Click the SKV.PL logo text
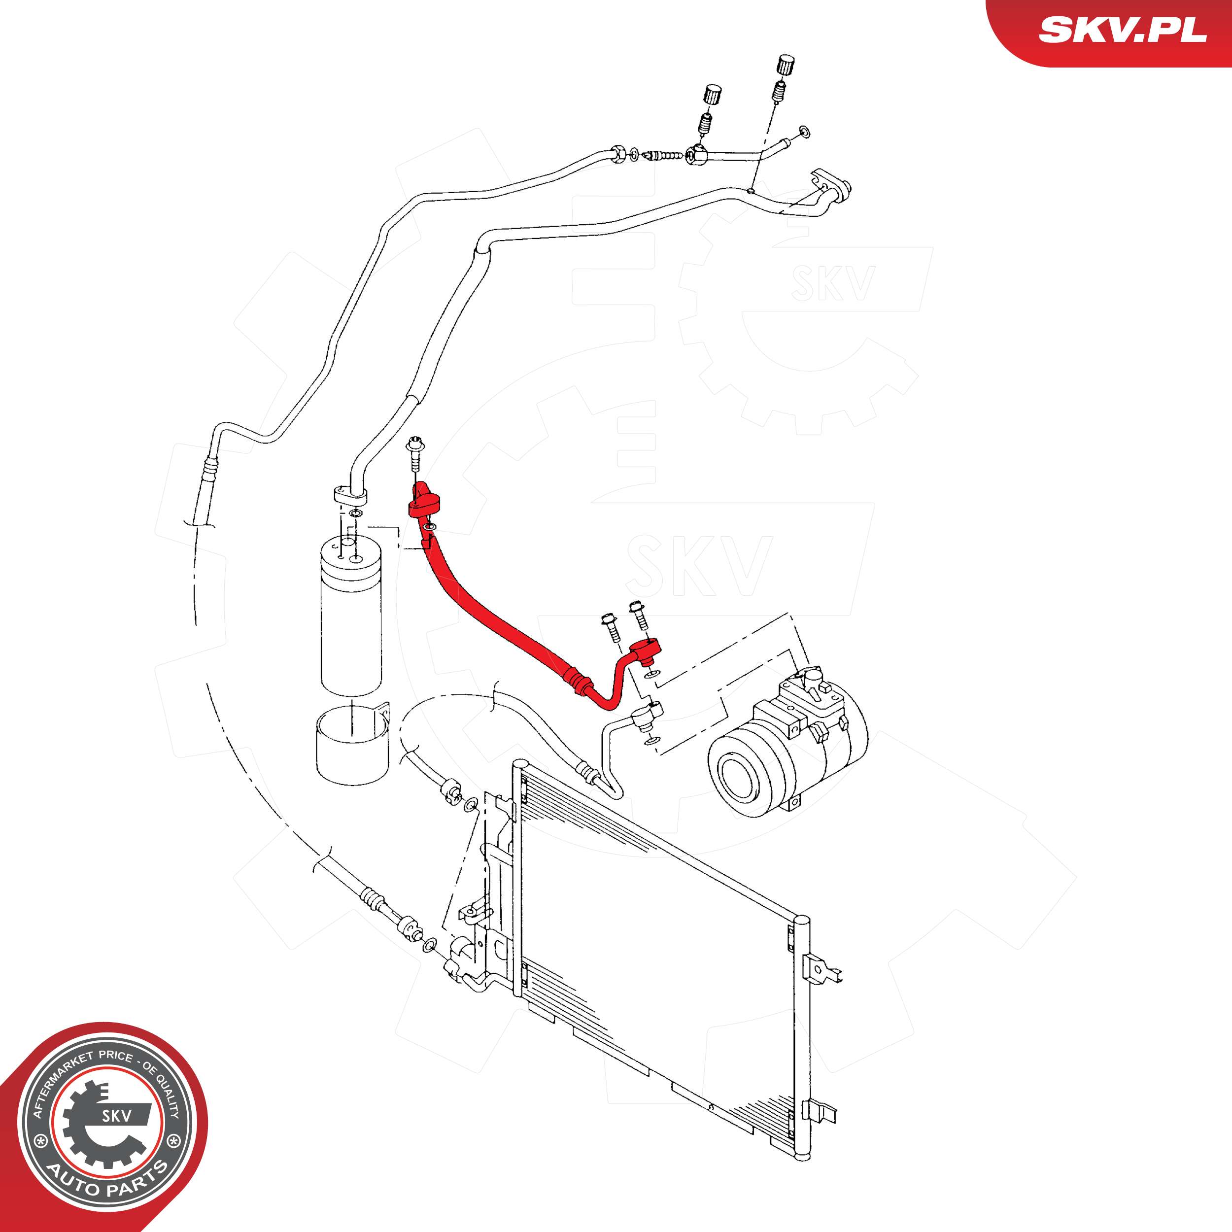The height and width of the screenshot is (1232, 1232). click(1122, 30)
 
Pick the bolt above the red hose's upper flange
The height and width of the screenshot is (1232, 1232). click(415, 455)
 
